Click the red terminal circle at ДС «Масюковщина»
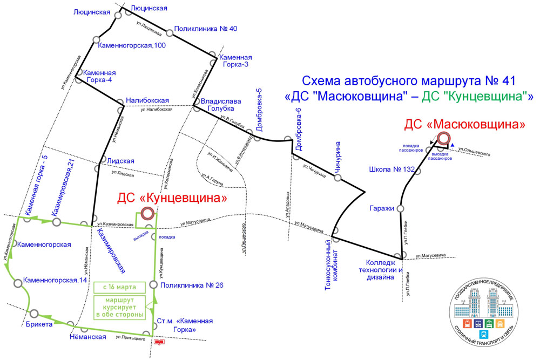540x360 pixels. tap(444, 139)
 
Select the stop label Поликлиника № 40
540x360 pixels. tap(206, 29)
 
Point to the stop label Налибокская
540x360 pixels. tap(147, 100)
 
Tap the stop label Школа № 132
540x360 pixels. tap(391, 169)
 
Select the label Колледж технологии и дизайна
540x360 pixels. tap(381, 270)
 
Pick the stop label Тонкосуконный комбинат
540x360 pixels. tap(331, 270)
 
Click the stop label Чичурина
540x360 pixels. tap(338, 157)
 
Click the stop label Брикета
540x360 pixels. tap(38, 324)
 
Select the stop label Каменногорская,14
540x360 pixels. tap(55, 281)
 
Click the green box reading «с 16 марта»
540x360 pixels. tap(120, 286)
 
